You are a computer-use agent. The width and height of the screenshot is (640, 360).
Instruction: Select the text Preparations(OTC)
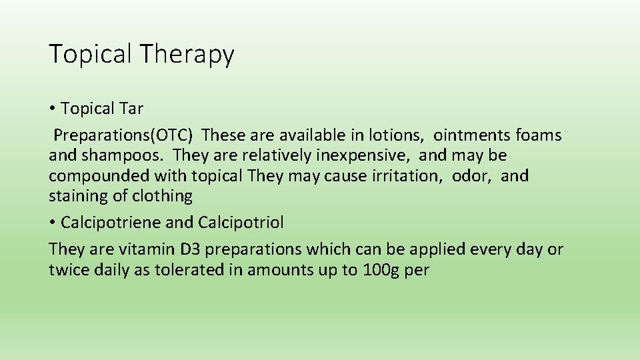123,135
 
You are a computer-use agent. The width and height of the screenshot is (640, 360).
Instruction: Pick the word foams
539,135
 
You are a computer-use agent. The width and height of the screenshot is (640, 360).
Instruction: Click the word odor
472,176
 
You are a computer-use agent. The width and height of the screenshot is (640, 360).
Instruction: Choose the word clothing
162,196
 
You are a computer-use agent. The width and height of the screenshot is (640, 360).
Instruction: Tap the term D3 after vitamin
194,250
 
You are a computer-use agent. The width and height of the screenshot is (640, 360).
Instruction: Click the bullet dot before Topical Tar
52,109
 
